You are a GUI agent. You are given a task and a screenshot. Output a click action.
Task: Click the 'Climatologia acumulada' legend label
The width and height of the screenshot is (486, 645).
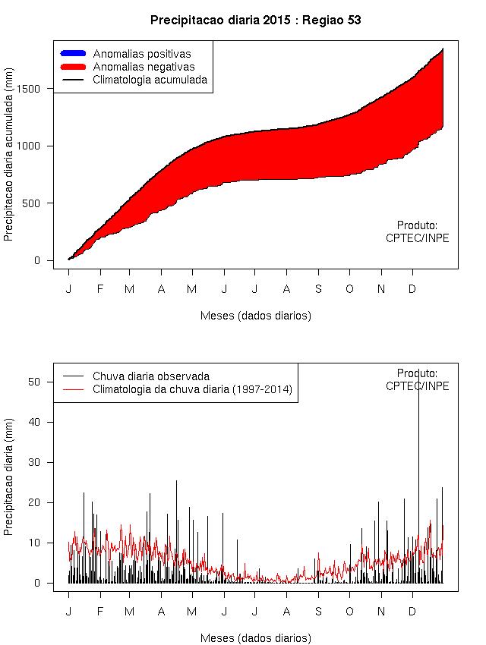[x=150, y=79]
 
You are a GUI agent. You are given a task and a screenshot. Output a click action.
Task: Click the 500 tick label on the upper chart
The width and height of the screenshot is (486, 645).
[x=39, y=203]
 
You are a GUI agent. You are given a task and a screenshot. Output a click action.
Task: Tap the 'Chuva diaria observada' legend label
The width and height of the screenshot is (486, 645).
[x=151, y=376]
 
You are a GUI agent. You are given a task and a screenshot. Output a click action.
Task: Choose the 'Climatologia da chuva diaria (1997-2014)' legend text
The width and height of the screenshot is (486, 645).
[x=192, y=389]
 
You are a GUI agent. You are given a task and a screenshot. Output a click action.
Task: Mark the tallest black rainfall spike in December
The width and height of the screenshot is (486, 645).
[x=418, y=395]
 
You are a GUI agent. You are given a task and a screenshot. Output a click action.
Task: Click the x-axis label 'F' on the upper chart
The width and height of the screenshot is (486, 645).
[x=99, y=289]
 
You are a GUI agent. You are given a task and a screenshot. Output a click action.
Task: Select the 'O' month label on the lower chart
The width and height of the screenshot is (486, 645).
[x=349, y=612]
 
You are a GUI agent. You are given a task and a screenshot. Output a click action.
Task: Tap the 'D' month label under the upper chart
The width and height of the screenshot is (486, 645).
[x=412, y=289]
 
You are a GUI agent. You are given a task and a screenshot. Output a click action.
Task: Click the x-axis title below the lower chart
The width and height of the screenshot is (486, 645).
[x=255, y=637]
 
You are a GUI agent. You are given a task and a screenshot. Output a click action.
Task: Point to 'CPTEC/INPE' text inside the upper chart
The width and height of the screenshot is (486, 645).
[x=417, y=238]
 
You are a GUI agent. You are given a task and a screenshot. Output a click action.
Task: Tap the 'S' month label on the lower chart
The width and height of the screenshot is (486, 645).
[x=318, y=612]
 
